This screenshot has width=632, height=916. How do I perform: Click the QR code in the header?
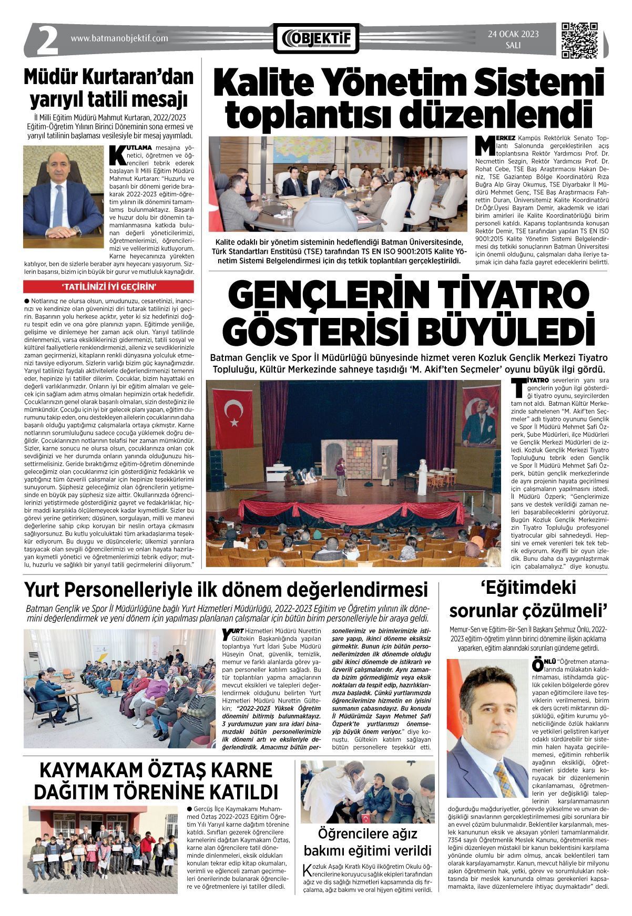tap(580, 40)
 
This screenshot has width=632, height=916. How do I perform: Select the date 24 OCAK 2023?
tap(513, 35)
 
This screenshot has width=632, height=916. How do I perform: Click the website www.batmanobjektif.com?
tap(119, 38)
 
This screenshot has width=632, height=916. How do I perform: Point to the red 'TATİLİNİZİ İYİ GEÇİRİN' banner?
tap(109, 286)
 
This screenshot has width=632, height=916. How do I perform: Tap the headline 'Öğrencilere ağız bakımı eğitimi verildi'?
tap(368, 842)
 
